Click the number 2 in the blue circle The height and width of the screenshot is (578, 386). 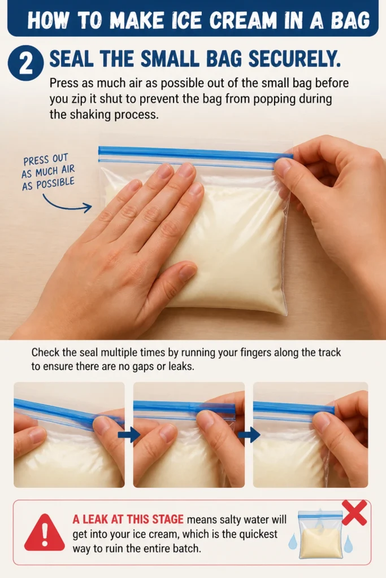25,63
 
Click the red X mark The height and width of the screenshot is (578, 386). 354,513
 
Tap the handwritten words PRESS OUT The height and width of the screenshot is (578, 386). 46,159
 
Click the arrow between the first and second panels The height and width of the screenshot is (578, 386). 129,435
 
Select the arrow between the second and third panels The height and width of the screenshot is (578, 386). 249,435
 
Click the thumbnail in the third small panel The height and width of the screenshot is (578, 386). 310,435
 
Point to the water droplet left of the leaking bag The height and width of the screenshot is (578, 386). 293,541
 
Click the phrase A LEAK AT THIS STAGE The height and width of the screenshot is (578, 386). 128,519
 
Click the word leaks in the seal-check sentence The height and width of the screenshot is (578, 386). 181,366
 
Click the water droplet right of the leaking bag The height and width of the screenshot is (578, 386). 348,544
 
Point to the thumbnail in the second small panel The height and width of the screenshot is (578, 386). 189,435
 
